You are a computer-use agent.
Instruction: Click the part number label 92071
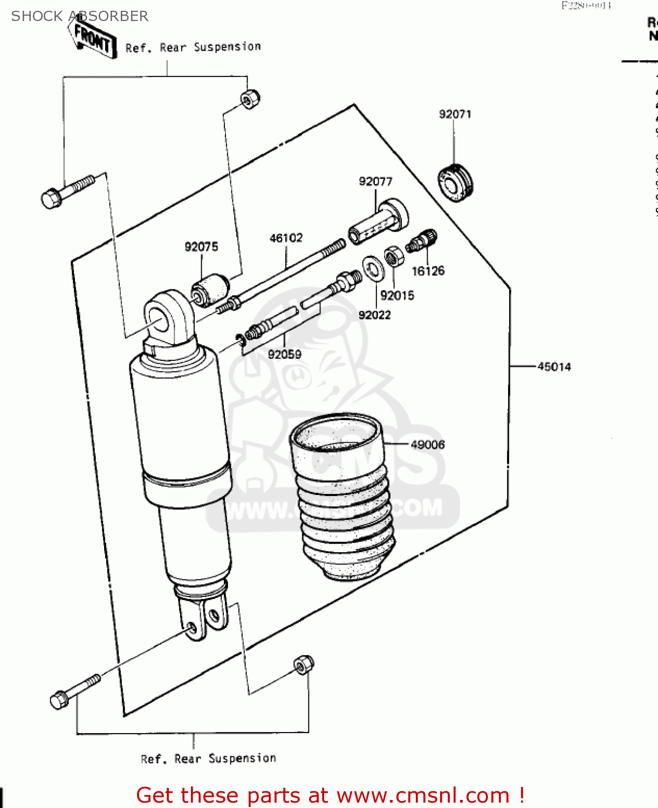(455, 114)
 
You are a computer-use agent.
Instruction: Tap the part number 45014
(554, 367)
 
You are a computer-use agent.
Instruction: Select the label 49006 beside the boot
(428, 444)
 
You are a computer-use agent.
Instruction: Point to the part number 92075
(201, 247)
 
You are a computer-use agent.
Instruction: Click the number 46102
(286, 238)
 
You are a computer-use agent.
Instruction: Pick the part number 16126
(428, 271)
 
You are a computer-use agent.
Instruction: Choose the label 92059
(284, 354)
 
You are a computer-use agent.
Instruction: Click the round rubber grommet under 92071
(455, 183)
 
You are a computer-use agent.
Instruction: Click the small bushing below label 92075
(210, 289)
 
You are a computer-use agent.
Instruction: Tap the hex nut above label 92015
(394, 256)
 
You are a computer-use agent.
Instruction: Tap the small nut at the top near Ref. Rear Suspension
(250, 99)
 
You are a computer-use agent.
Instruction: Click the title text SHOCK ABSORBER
(80, 16)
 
